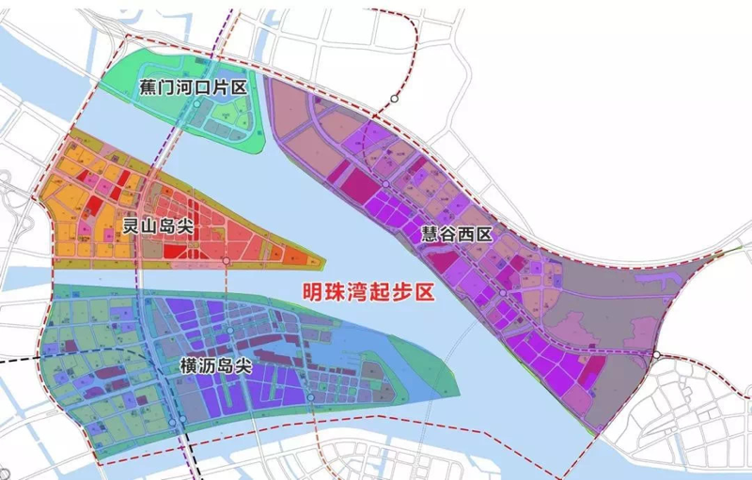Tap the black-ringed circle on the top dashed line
click(396, 98)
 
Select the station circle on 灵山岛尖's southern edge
click(226, 258)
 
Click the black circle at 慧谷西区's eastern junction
click(657, 355)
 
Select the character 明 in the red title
click(309, 293)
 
